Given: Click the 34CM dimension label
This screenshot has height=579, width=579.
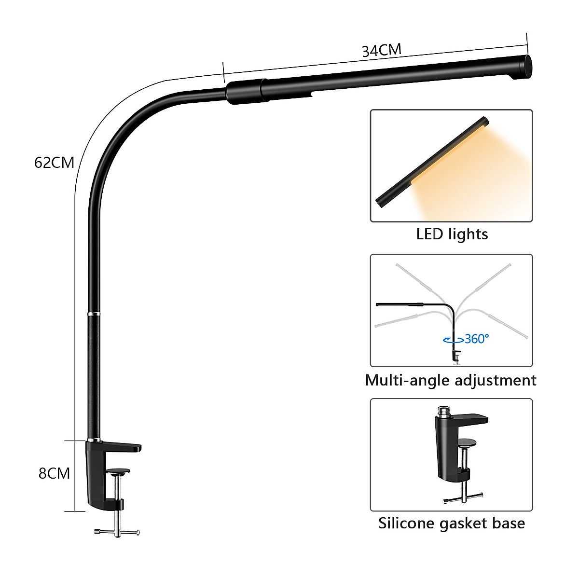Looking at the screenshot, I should click(382, 50).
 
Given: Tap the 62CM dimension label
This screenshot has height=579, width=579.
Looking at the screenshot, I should click(54, 163).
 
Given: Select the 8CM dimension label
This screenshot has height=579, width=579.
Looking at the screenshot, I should click(54, 473).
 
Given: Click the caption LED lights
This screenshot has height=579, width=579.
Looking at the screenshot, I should click(452, 234).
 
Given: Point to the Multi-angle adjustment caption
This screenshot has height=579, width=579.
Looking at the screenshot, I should click(451, 380).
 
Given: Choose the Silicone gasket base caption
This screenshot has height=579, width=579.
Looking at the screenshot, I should click(452, 524).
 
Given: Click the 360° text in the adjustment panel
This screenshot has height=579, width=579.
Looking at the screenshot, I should click(477, 339).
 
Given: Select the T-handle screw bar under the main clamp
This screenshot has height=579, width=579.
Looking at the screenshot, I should click(118, 532).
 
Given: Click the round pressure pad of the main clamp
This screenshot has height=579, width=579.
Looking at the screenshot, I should click(118, 471).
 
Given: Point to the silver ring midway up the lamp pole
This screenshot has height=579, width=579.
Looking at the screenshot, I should click(94, 314).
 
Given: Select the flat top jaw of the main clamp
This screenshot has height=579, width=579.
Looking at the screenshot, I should click(121, 446).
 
